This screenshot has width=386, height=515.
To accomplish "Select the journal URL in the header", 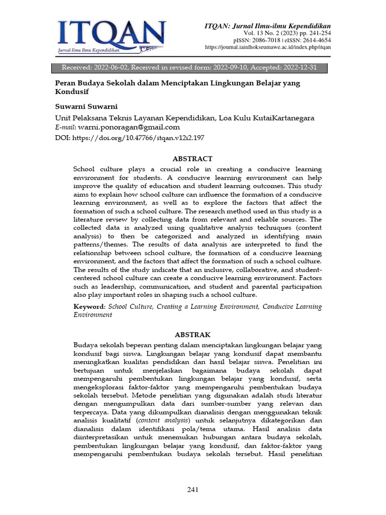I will (x=268, y=47).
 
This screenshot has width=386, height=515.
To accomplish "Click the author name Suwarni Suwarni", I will (x=85, y=107).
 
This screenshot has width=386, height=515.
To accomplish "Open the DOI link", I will (x=138, y=137).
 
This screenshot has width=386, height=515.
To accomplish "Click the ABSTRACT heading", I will (x=192, y=158).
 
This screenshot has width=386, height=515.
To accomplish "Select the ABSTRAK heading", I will (x=192, y=334).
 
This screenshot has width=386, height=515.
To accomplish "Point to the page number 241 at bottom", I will (x=193, y=489).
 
